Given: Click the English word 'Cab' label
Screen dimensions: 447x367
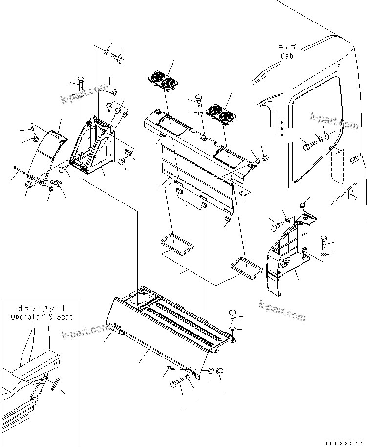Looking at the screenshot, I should pyautogui.click(x=287, y=56).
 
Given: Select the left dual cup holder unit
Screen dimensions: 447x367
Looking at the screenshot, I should pyautogui.click(x=162, y=81).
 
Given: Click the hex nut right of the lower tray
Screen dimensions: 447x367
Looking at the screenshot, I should pyautogui.click(x=220, y=373).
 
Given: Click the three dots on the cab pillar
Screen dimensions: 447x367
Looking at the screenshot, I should pyautogui.click(x=281, y=126).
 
